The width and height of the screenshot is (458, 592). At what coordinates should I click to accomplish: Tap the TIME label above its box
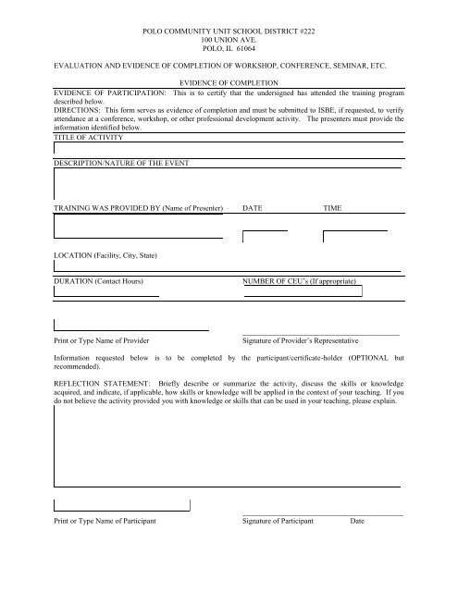coord(332,210)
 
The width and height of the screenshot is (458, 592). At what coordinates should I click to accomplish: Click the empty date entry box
coord(265,236)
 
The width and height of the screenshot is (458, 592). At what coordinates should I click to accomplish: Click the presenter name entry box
coord(138,228)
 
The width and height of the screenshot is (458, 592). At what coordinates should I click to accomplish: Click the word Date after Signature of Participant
coord(359,522)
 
